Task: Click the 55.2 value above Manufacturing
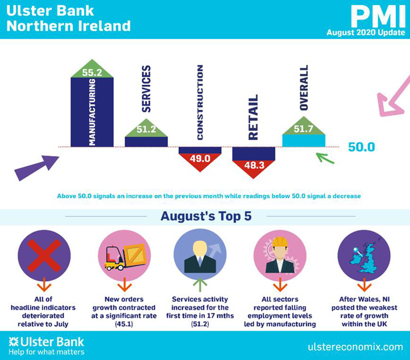92,72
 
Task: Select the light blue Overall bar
304,141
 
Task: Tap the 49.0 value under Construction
200,159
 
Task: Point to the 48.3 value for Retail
254,165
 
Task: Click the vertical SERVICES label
146,89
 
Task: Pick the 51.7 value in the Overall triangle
303,129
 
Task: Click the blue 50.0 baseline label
362,147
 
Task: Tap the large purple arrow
37,168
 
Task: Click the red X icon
44,256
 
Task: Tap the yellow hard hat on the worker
280,242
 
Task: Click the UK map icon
364,257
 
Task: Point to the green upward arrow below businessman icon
200,284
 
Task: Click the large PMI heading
378,16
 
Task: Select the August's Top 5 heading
206,216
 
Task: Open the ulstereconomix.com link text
355,347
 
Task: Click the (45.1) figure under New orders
124,324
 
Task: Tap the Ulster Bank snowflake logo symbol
13,342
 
